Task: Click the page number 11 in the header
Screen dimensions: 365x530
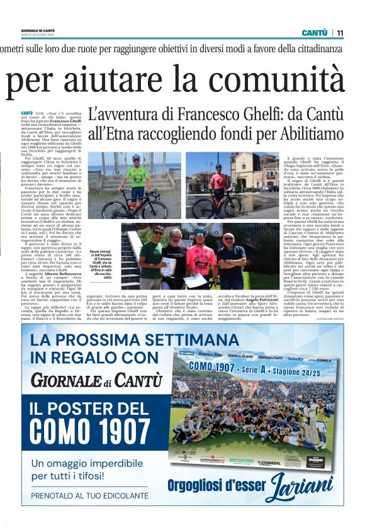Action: pos(340,33)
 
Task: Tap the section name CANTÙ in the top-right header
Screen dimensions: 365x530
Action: pos(314,33)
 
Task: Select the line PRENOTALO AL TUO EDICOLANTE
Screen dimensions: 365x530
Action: pos(89,495)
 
